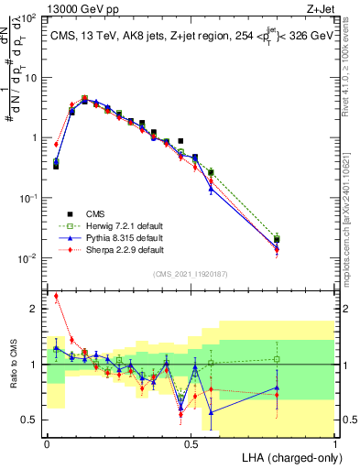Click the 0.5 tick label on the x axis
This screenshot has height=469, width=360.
[191, 443]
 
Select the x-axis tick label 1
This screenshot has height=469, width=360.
[335, 443]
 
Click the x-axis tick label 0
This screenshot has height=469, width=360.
[47, 443]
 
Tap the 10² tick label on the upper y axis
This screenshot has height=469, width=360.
[29, 18]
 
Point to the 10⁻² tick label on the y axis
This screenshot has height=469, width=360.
[29, 258]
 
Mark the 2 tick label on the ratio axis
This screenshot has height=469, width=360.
[36, 310]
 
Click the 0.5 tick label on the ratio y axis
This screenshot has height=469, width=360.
[33, 420]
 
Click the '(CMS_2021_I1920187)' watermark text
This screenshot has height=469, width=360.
[191, 274]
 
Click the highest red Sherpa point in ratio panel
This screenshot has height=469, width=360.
[56, 296]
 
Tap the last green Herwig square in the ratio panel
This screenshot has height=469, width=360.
[277, 359]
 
